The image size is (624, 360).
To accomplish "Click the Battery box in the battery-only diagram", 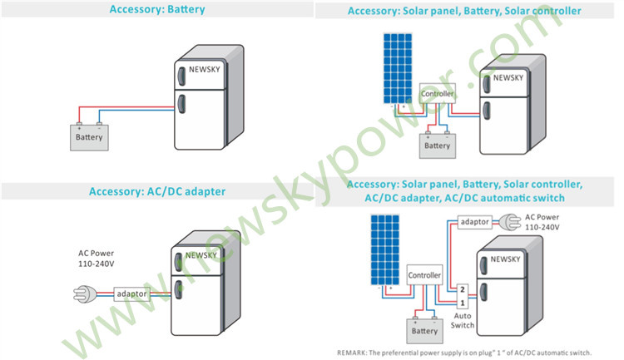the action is pyautogui.click(x=89, y=138).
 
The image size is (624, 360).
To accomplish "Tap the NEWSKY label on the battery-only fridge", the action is pyautogui.click(x=204, y=70).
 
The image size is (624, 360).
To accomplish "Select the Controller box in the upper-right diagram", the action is pyautogui.click(x=438, y=93).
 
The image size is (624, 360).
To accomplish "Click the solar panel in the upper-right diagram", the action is pyautogui.click(x=398, y=68).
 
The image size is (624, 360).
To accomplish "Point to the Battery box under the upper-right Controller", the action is pyautogui.click(x=438, y=146).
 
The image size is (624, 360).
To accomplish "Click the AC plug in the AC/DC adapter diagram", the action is pyautogui.click(x=85, y=294).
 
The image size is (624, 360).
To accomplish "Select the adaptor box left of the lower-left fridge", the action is pyautogui.click(x=131, y=294).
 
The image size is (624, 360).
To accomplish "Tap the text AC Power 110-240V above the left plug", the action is pyautogui.click(x=96, y=259).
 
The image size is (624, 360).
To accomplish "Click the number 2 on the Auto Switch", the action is pyautogui.click(x=463, y=289).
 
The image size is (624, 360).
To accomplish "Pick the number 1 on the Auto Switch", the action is pyautogui.click(x=463, y=303).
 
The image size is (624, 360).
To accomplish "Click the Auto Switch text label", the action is pyautogui.click(x=463, y=321).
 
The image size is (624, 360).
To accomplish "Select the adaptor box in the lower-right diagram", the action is pyautogui.click(x=475, y=222).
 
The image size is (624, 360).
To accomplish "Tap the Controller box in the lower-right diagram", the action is pyautogui.click(x=424, y=275).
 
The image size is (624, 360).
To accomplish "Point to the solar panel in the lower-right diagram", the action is pyautogui.click(x=385, y=249).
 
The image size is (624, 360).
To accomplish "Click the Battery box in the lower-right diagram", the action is pyautogui.click(x=424, y=332).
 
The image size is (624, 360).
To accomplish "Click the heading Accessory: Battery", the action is pyautogui.click(x=157, y=9).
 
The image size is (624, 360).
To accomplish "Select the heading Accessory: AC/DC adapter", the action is pyautogui.click(x=157, y=191).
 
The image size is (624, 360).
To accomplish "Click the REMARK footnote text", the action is pyautogui.click(x=464, y=353).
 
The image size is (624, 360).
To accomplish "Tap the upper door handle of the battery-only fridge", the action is pyautogui.click(x=181, y=76).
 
